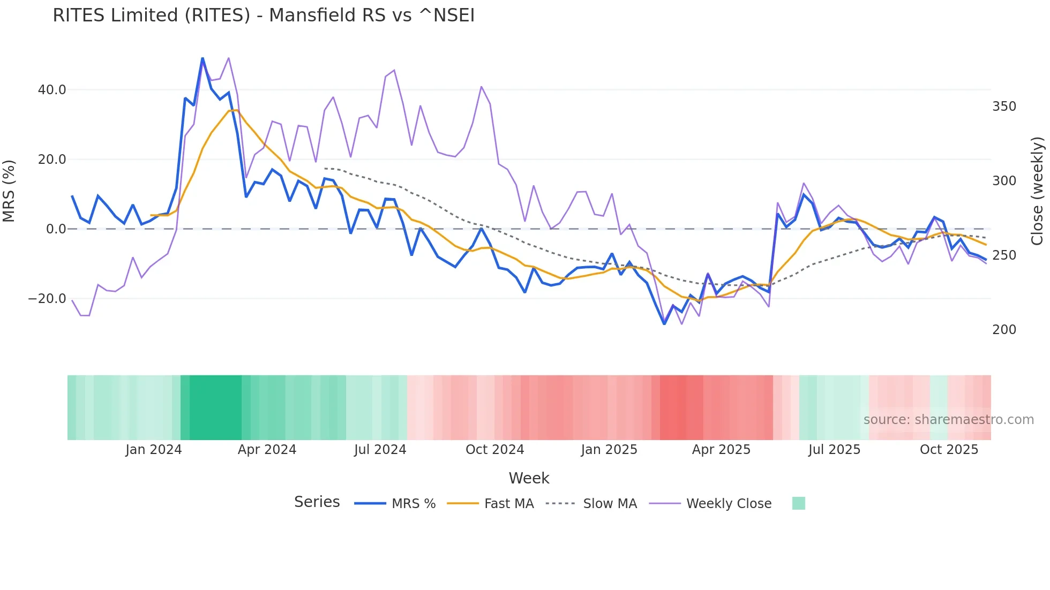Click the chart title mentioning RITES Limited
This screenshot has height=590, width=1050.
[264, 16]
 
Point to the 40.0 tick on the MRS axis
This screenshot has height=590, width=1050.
[52, 90]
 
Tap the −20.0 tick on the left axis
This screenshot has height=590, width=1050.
[47, 299]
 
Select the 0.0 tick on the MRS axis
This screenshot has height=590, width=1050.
[56, 229]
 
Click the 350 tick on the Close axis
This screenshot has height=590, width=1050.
[1004, 107]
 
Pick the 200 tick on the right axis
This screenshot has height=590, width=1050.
[1004, 330]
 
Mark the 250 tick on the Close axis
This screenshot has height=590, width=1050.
[1004, 255]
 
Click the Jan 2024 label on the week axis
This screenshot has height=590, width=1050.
[154, 450]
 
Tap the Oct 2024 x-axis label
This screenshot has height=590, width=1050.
[494, 450]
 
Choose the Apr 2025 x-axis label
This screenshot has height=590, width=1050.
[721, 450]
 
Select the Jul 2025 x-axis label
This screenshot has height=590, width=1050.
[834, 450]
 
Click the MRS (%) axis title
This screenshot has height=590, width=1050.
[9, 191]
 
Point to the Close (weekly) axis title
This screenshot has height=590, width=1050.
[1038, 191]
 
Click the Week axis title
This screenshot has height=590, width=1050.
[529, 478]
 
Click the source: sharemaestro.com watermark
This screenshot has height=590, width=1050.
[948, 420]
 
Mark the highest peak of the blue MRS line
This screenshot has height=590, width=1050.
[202, 58]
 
